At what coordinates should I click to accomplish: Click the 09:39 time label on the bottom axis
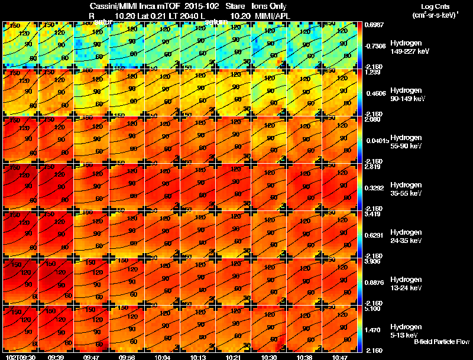tap(56, 358)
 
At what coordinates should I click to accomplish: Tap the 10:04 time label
tap(163, 358)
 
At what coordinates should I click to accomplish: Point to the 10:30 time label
tap(269, 358)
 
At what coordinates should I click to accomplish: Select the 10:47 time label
tap(340, 358)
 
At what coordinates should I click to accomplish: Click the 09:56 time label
tap(127, 358)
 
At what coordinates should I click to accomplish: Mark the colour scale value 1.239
tap(372, 72)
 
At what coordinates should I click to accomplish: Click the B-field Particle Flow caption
tap(441, 342)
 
